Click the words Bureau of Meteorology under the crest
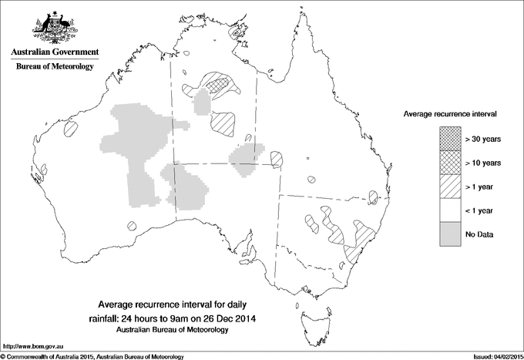(55, 67)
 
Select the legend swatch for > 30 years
(450, 139)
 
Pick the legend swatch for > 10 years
(450, 163)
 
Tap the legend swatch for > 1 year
(450, 187)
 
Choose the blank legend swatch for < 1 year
(450, 210)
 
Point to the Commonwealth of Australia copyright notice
(92, 356)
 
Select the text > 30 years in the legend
(483, 139)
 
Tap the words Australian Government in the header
(55, 52)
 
